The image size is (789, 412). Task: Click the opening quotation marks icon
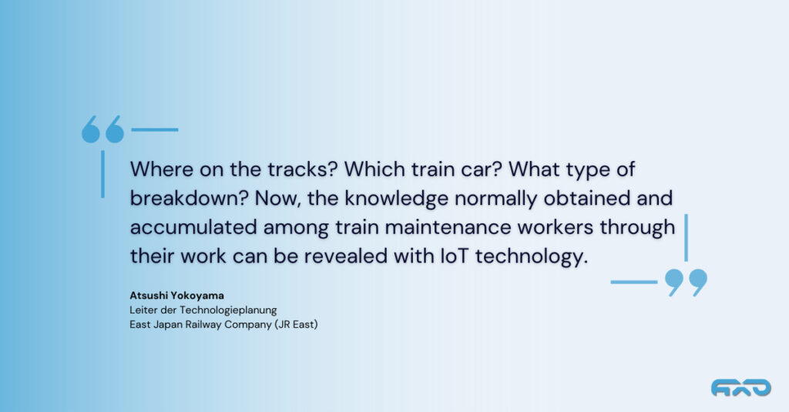click(103, 129)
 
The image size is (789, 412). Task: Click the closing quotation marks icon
click(686, 283)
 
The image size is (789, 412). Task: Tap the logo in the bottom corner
click(740, 388)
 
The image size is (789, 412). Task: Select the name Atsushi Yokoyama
click(176, 295)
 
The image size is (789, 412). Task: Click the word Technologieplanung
click(228, 310)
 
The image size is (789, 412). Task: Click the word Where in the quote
click(162, 169)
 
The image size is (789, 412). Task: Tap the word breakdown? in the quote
click(190, 198)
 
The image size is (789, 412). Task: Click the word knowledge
click(397, 199)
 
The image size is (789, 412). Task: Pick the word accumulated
click(193, 227)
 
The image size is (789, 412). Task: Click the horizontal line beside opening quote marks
click(155, 130)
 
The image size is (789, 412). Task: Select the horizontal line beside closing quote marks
click(634, 282)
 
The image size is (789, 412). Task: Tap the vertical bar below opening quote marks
click(103, 174)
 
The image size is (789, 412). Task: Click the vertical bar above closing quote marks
click(686, 238)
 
